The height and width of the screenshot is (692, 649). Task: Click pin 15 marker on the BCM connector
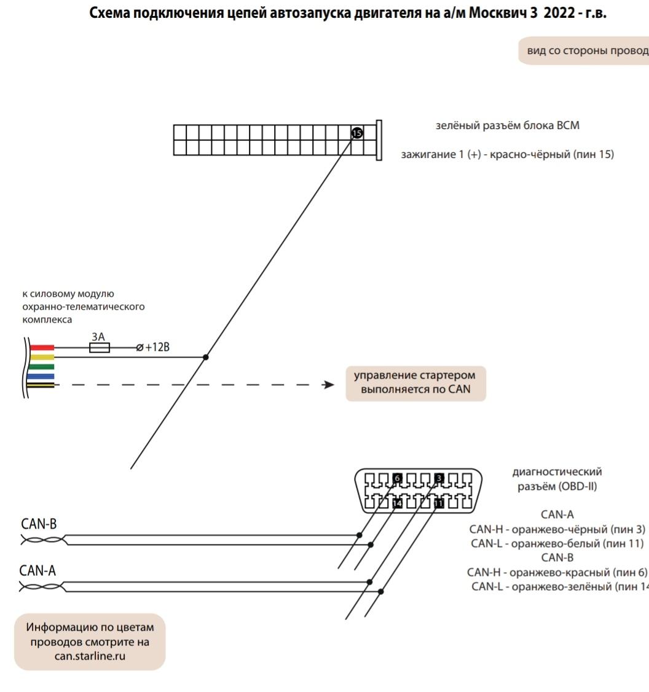(x=357, y=133)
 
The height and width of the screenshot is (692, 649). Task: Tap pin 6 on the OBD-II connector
(x=397, y=478)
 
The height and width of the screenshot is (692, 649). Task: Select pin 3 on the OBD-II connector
(x=439, y=478)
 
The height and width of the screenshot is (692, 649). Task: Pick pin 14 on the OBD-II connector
(x=397, y=503)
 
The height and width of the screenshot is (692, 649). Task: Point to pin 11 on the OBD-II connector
(x=439, y=503)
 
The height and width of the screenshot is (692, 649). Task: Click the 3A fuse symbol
(x=100, y=348)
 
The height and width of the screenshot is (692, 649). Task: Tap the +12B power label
(x=156, y=348)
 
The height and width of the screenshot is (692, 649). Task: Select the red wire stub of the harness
(x=41, y=348)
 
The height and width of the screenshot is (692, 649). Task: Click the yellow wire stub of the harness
(x=41, y=357)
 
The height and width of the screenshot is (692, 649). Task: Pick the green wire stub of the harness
(x=41, y=367)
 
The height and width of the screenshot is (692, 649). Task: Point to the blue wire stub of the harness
(x=41, y=376)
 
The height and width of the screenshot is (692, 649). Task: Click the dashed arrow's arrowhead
(x=329, y=385)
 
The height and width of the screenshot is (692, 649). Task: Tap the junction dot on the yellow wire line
(x=206, y=357)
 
